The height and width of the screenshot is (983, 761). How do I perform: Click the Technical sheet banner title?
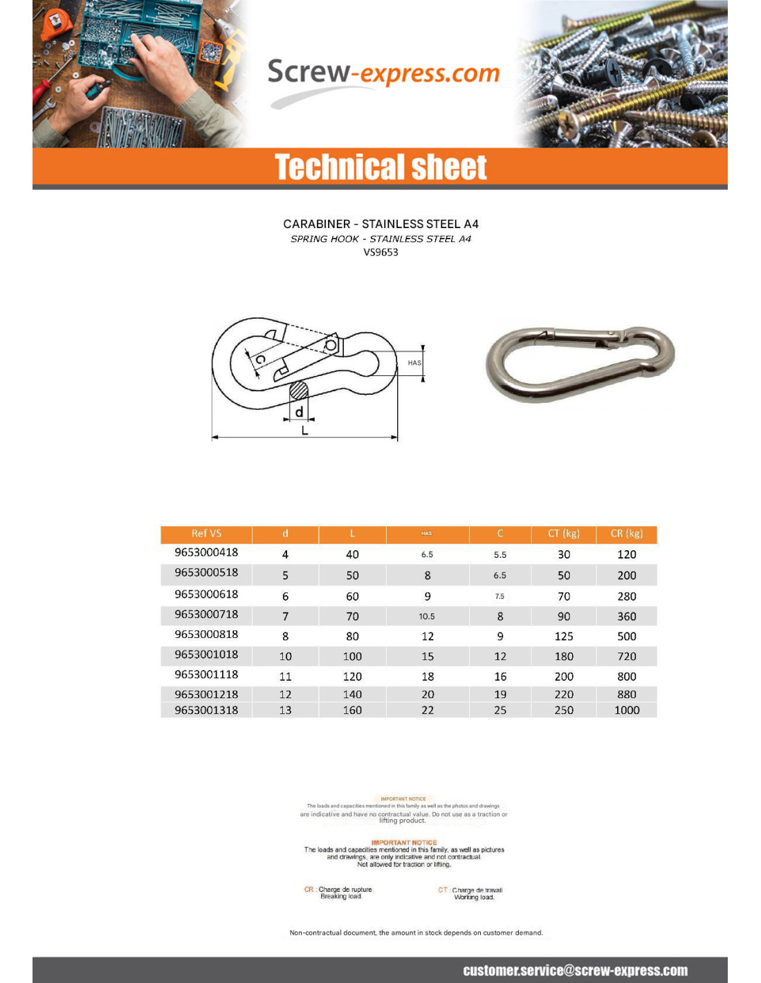click(380, 167)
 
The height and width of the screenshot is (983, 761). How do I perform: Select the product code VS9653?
click(380, 252)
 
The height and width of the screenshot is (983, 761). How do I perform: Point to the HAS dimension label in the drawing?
click(414, 363)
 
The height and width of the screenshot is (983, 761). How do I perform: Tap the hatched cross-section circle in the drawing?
click(299, 391)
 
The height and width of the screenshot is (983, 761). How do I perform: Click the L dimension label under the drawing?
click(304, 431)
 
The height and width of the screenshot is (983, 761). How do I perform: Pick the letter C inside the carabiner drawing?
click(261, 359)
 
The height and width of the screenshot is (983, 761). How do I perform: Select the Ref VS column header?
click(206, 534)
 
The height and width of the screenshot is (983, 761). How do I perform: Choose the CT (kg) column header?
click(564, 534)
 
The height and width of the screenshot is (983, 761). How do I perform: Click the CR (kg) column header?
click(627, 534)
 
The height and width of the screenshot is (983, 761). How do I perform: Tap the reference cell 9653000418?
click(206, 552)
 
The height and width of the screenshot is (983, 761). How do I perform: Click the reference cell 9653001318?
click(206, 710)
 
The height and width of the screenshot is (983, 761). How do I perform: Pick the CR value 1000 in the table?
click(627, 710)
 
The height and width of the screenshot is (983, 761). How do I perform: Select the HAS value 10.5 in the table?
click(427, 616)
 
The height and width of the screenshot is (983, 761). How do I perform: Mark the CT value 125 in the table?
click(564, 636)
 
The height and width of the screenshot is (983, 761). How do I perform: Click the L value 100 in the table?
click(352, 656)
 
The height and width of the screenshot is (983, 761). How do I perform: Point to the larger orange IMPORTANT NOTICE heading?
click(404, 843)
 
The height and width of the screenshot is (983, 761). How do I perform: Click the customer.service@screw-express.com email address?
click(575, 971)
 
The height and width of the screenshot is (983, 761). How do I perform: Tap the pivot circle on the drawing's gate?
click(331, 345)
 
